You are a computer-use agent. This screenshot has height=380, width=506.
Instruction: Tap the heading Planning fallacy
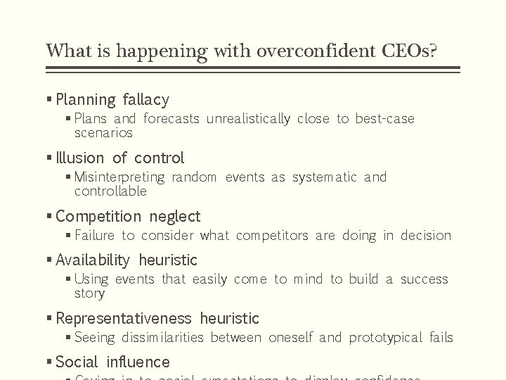click(x=112, y=99)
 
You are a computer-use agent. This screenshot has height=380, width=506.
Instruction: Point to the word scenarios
click(x=103, y=132)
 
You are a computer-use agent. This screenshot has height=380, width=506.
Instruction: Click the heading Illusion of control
click(x=119, y=158)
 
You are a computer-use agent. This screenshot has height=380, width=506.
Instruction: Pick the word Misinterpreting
click(x=119, y=177)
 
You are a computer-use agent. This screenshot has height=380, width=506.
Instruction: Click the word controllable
click(x=110, y=191)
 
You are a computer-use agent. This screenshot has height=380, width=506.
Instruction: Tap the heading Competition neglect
click(x=128, y=216)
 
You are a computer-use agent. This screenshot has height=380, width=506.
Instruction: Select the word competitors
click(x=272, y=236)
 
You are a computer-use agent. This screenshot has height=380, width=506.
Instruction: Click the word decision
click(x=426, y=236)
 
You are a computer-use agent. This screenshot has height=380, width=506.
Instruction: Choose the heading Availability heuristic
click(x=126, y=260)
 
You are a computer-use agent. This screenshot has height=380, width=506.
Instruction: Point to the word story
click(x=89, y=293)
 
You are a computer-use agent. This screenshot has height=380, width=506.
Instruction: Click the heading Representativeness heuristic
click(x=157, y=318)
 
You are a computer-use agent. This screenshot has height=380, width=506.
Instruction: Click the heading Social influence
click(x=112, y=362)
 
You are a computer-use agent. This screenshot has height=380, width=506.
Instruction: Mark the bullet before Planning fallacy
click(x=48, y=99)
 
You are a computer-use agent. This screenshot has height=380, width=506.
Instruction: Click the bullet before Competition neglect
click(x=48, y=216)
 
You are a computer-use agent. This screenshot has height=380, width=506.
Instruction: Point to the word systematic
click(x=324, y=177)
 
